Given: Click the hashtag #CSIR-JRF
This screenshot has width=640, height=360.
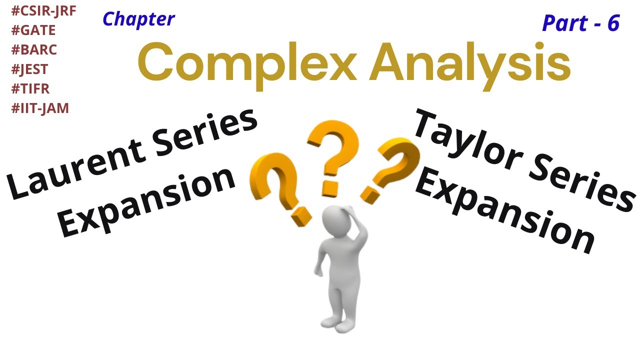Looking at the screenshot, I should click(x=43, y=11).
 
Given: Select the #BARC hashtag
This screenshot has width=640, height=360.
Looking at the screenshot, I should click(x=33, y=50).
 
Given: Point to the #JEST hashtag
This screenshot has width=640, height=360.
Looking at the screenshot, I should click(x=29, y=69).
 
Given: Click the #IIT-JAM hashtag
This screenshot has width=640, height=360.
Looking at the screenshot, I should click(x=40, y=108).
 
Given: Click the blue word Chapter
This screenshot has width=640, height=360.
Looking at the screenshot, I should click(x=138, y=19).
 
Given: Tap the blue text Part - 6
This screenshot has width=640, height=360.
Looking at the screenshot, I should click(x=580, y=23).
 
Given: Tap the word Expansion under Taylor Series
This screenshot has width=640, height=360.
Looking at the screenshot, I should click(x=505, y=212).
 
